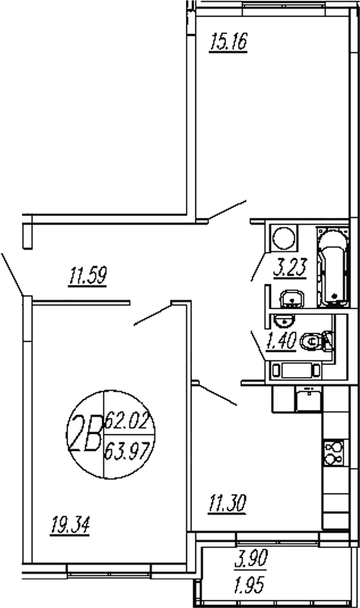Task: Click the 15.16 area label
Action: (x=228, y=43)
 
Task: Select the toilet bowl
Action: (x=314, y=341)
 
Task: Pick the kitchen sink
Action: (x=308, y=399)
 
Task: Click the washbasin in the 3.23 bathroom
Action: (x=292, y=297)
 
